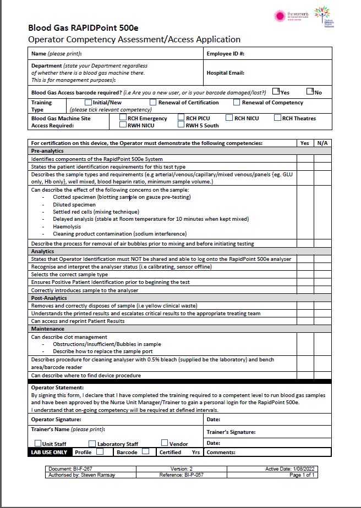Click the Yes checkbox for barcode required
coord(276,92)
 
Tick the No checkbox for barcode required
coord(310,91)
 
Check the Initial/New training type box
coord(88,102)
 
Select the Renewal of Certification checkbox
coord(153,102)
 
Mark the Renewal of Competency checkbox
coord(237,102)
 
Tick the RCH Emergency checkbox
coord(123,118)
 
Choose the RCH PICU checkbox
coord(181,118)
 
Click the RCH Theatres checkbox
coord(278,118)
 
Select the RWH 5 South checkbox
coord(181,125)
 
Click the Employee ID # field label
coord(225,54)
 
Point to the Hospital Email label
coord(225,72)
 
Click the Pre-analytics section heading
coord(47,150)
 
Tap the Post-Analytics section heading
coord(49,298)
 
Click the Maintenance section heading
coord(47,329)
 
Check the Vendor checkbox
coord(165,443)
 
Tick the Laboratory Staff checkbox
coord(92,443)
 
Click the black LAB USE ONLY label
coord(50,453)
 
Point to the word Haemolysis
coord(67,226)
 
